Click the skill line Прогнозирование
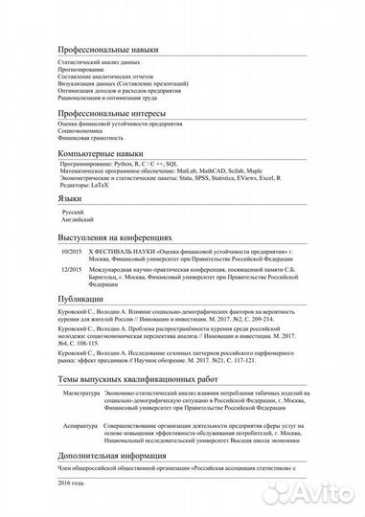tap(82, 68)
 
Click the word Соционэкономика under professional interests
tap(83, 133)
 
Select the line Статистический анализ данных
tap(97, 60)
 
